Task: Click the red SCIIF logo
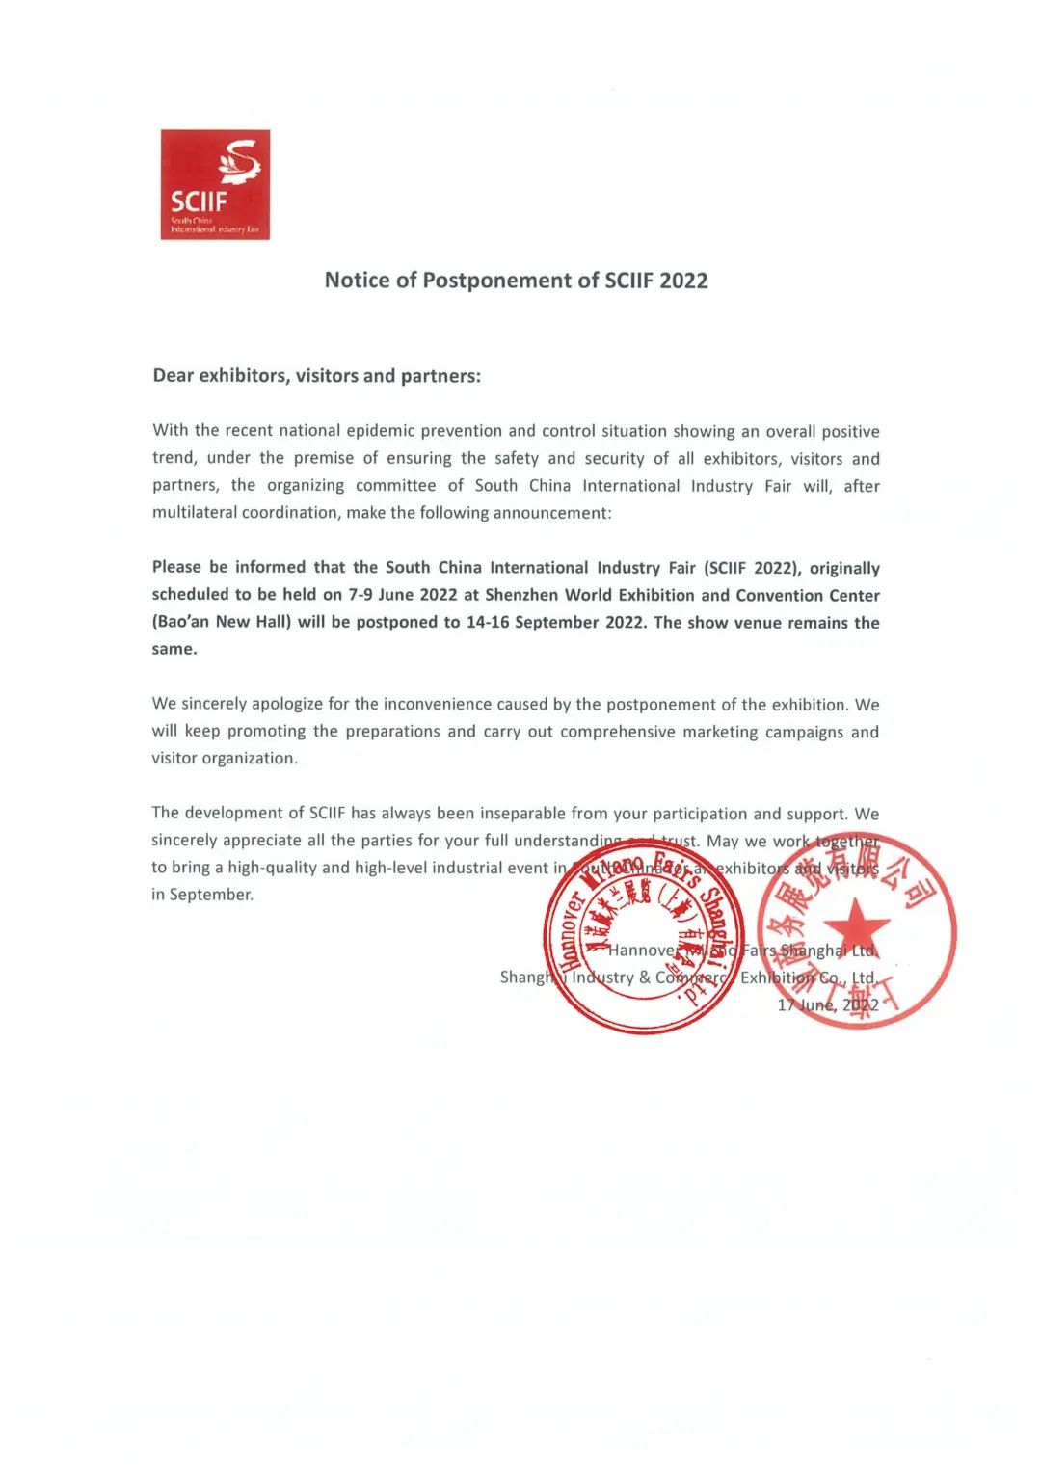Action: [215, 184]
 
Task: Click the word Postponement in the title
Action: [497, 281]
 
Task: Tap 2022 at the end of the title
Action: [683, 281]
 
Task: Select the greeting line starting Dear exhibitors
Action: [316, 376]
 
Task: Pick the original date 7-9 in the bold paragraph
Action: [360, 595]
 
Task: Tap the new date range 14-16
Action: [488, 622]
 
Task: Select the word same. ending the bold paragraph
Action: [174, 649]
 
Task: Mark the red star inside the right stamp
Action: [856, 927]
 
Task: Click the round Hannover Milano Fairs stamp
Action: [643, 939]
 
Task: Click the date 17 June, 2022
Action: [828, 1005]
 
